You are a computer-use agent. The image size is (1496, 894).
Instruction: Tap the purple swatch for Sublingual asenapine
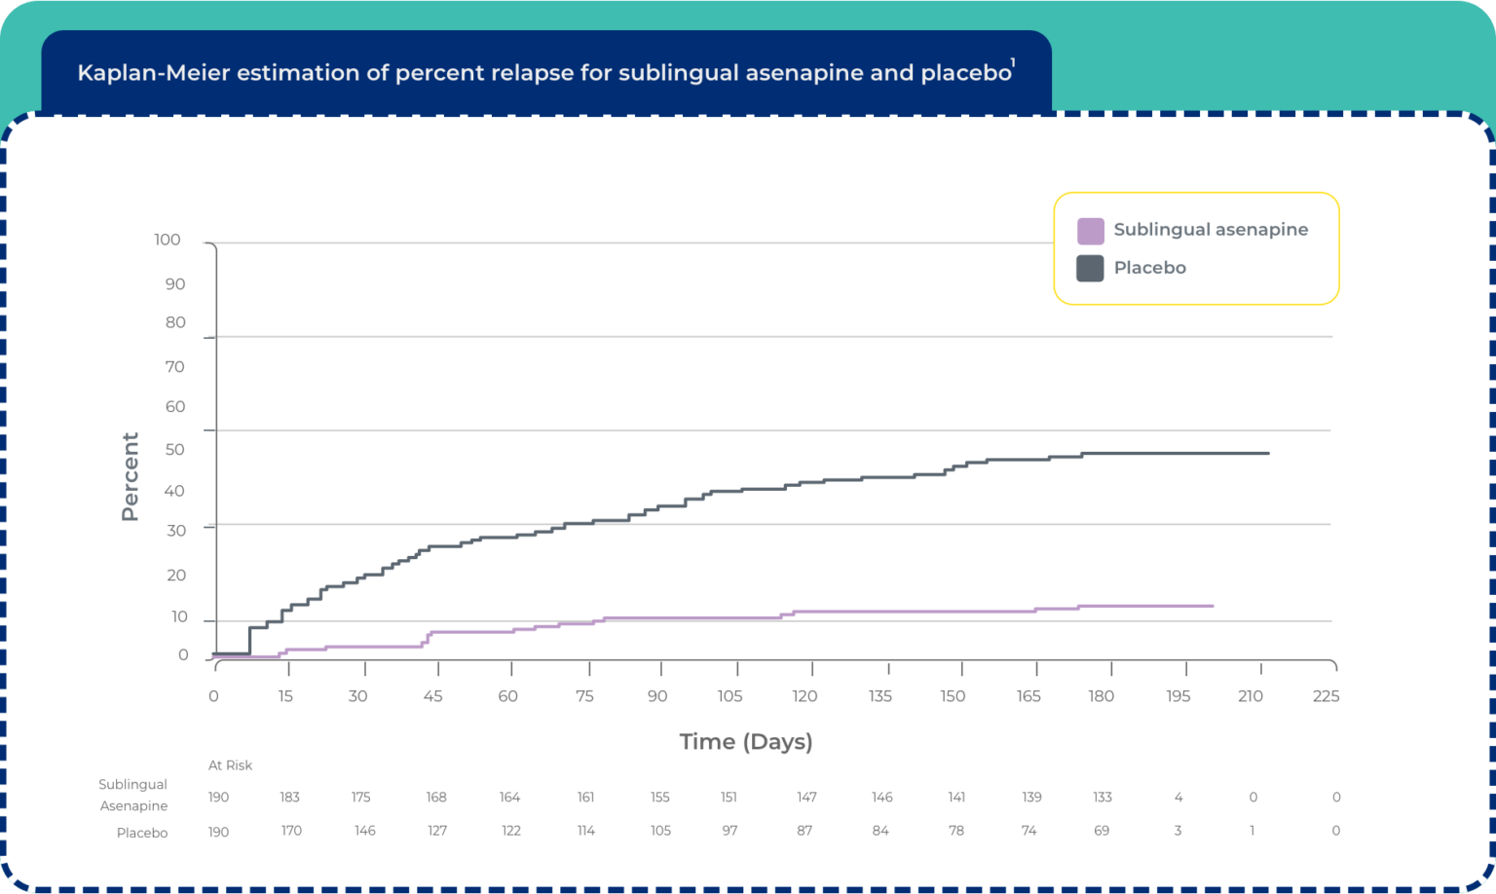tap(1090, 231)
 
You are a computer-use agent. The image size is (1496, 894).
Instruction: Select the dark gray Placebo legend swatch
tap(1090, 268)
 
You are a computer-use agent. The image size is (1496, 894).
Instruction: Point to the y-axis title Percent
tap(130, 476)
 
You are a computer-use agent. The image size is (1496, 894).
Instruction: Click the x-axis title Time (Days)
tap(746, 742)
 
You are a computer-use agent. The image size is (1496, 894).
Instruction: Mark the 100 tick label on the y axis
tap(168, 240)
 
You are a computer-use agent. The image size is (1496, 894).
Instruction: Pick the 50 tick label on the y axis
tap(174, 450)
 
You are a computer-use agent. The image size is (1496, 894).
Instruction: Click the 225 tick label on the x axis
tap(1326, 696)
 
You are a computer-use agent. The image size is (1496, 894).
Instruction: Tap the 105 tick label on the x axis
tap(729, 696)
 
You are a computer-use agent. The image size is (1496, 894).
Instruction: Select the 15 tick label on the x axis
tap(285, 696)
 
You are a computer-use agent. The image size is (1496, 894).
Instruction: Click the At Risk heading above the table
tap(230, 765)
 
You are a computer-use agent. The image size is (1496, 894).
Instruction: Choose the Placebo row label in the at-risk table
tap(142, 833)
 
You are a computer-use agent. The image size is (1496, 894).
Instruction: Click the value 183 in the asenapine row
tap(289, 797)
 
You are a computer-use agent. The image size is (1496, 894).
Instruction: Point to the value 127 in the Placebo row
tap(436, 831)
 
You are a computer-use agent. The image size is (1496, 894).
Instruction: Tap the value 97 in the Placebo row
tap(729, 831)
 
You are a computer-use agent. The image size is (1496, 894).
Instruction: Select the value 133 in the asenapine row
tap(1102, 797)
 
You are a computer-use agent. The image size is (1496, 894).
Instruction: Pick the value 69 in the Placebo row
tap(1102, 831)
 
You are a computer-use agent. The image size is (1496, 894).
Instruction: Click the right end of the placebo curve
tap(1268, 453)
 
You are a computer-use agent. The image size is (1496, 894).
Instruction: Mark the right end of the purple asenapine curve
tap(1213, 606)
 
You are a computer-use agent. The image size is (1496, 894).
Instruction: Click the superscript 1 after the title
tap(1013, 64)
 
